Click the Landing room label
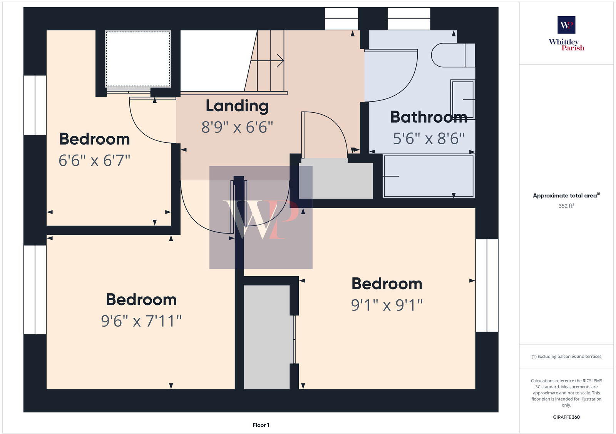(237, 106)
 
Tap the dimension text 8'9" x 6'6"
(237, 127)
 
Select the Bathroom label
(429, 117)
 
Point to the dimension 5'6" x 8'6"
(429, 139)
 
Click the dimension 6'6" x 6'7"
(94, 160)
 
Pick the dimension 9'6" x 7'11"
(141, 321)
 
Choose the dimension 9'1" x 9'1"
(387, 305)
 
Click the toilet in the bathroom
(452, 55)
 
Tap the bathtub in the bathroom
(428, 176)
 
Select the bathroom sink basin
(463, 100)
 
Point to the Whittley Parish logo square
(566, 25)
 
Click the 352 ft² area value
(566, 206)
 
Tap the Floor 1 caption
(261, 425)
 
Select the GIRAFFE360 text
(566, 417)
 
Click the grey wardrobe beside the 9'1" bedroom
(267, 337)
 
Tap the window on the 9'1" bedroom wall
(487, 285)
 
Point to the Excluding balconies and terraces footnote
(566, 356)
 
